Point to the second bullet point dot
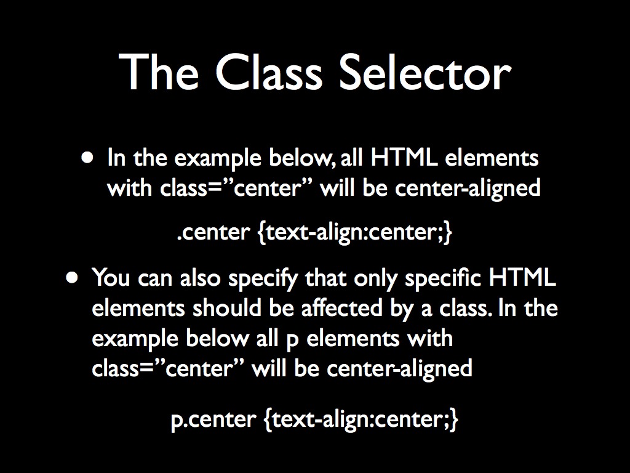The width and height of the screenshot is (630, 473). [x=74, y=277]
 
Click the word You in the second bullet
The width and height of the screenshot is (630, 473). [x=111, y=278]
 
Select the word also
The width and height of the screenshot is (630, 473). [x=201, y=278]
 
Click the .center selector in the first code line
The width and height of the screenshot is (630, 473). [x=213, y=233]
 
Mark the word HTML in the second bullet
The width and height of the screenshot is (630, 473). [x=522, y=278]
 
